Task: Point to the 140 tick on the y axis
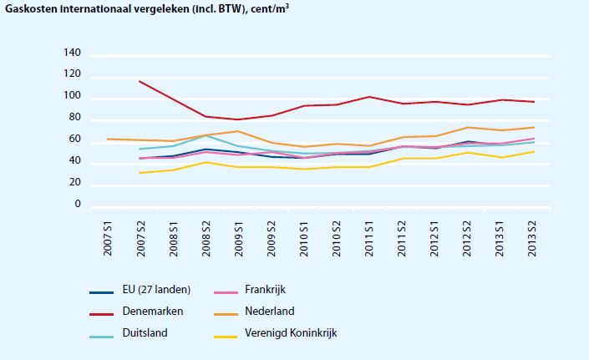click(x=72, y=54)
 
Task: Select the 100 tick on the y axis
click(x=72, y=97)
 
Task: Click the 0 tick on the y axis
click(x=77, y=205)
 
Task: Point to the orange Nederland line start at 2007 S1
click(x=107, y=139)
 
